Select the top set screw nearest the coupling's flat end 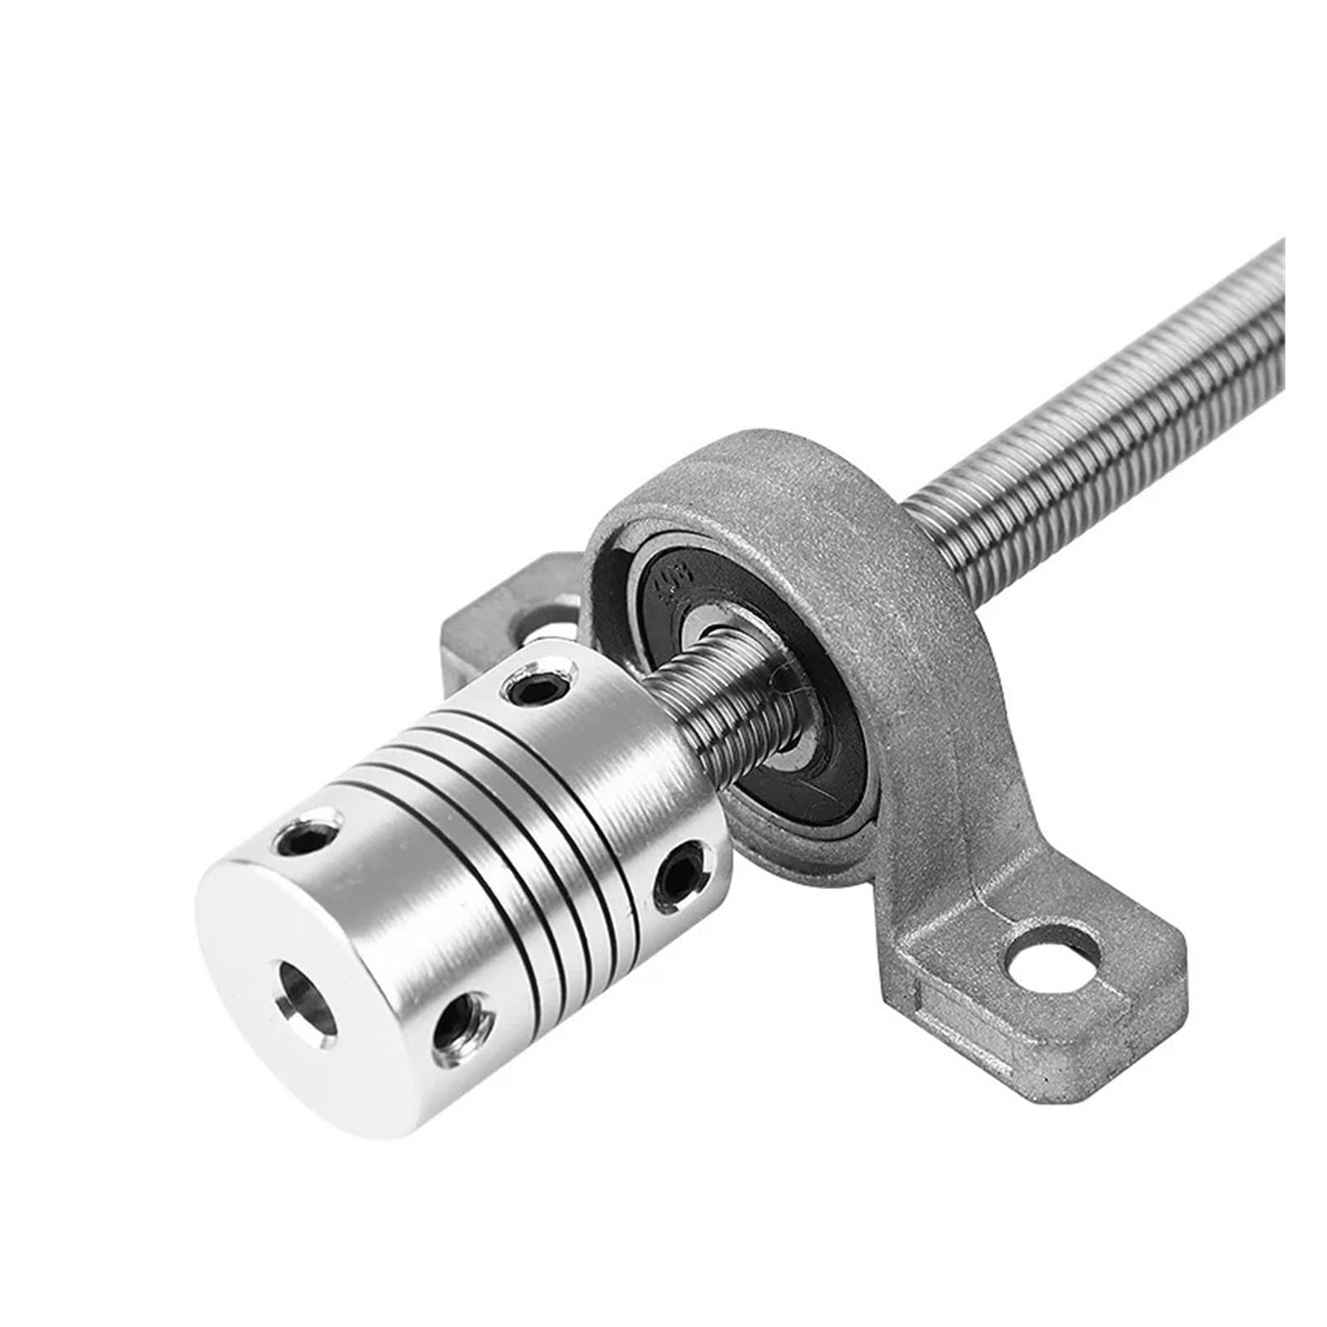(x=311, y=841)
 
